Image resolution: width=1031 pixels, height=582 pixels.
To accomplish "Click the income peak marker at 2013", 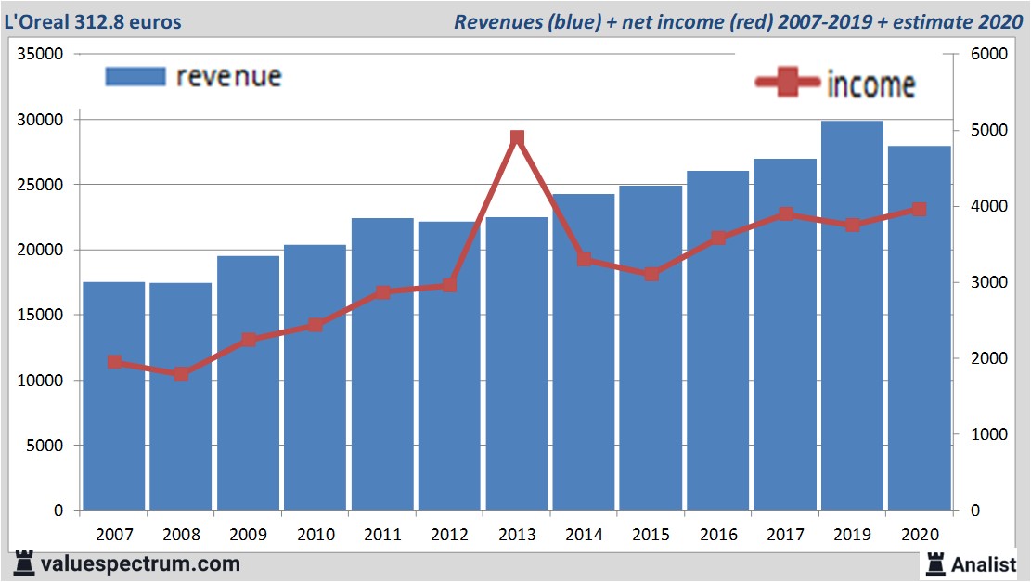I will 518,137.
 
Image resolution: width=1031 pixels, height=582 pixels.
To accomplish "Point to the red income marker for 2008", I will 181,373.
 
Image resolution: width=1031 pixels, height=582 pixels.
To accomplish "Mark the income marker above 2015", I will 651,274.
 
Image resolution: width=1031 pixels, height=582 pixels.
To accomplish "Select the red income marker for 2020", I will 919,210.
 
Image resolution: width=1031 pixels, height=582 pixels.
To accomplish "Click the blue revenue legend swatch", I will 135,77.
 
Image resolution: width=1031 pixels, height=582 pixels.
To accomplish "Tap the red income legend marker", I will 789,84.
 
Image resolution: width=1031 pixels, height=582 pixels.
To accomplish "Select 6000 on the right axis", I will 989,54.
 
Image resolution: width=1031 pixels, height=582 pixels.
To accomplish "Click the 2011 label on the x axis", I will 382,535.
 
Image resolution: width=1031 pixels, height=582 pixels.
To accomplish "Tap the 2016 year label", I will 718,535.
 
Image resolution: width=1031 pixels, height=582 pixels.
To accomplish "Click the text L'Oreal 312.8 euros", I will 94,21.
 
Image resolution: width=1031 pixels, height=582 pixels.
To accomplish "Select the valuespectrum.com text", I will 139,563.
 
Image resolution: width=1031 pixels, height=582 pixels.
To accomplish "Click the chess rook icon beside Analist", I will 934,563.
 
